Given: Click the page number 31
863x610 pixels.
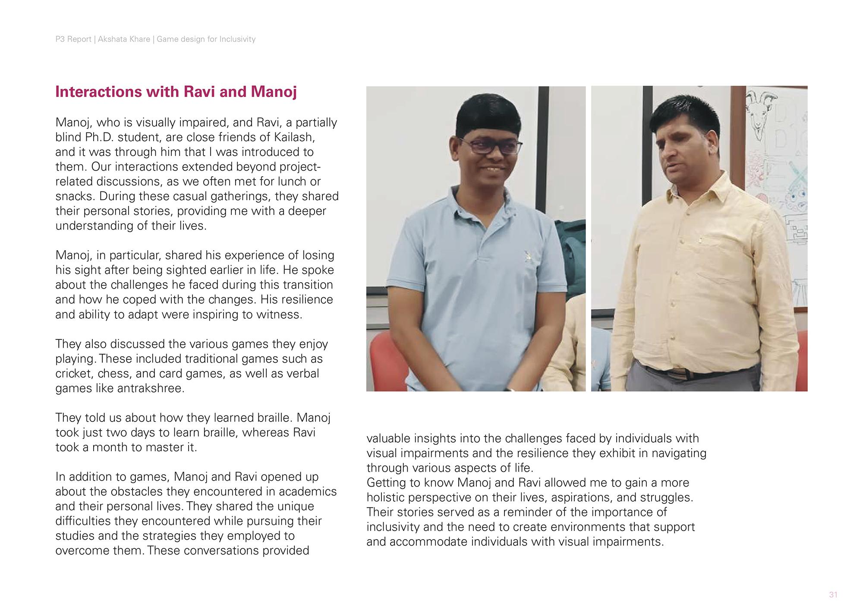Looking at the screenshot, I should pyautogui.click(x=833, y=595).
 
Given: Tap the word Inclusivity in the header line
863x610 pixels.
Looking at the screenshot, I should pyautogui.click(x=237, y=39).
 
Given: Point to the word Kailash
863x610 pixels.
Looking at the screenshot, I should pyautogui.click(x=293, y=137).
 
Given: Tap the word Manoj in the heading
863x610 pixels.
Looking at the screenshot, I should pyautogui.click(x=274, y=92).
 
